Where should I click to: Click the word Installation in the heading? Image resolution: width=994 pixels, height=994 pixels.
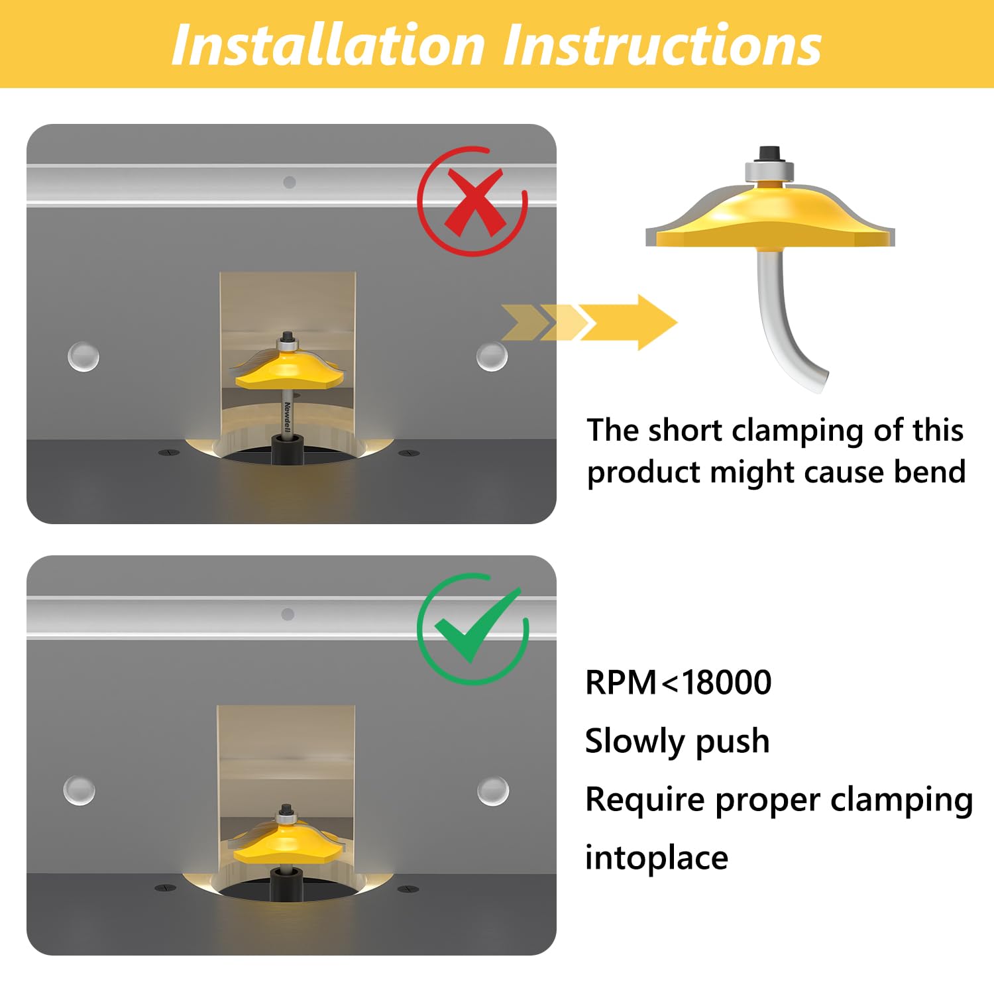[x=329, y=45]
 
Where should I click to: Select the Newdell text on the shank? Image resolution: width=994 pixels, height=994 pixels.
[x=288, y=417]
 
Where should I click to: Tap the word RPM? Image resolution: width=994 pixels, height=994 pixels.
[x=620, y=683]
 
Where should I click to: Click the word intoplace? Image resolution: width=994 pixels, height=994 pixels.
[x=656, y=857]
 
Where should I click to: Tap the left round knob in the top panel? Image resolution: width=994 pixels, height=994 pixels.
[x=83, y=357]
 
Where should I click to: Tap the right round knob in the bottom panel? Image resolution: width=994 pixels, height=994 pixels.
[x=493, y=791]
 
